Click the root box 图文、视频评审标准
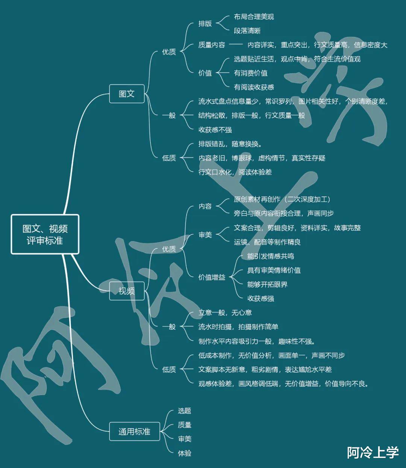coord(45,234)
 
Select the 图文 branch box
coord(127,94)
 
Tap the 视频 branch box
coord(127,291)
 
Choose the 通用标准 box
coord(134,431)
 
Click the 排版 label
coord(205,24)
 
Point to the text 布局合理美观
coord(254,17)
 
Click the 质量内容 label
coord(212,45)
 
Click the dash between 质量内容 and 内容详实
coord(236,45)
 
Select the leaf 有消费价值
coord(251,73)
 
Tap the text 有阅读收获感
coord(254,87)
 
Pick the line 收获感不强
coord(215,130)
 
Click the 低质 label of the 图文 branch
coord(169,158)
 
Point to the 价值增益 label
coord(212,277)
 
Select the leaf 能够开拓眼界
coord(267,284)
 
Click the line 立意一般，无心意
coord(225,312)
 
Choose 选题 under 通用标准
coord(185,411)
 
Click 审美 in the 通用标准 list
coord(185,439)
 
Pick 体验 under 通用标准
coord(185,453)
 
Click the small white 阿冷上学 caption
coord(373,452)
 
